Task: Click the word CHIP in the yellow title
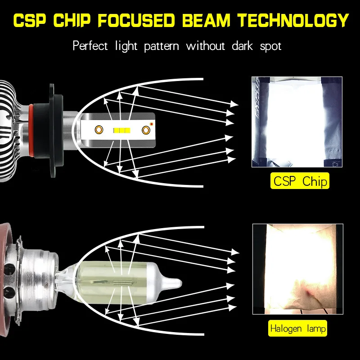click(x=72, y=20)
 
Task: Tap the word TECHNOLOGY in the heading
click(x=293, y=20)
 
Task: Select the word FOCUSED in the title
click(x=136, y=20)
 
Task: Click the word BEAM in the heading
click(x=206, y=20)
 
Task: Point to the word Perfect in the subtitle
click(x=90, y=45)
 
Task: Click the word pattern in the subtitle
click(x=162, y=46)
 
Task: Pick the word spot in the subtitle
click(x=270, y=47)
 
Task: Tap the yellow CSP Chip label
click(x=300, y=181)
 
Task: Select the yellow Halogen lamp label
click(x=297, y=328)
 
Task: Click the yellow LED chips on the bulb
click(x=122, y=130)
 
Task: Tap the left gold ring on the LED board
click(x=99, y=130)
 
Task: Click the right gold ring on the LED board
click(x=146, y=130)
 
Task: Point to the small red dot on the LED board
click(x=152, y=124)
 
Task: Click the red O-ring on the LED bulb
click(x=31, y=131)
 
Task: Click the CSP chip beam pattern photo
click(x=297, y=122)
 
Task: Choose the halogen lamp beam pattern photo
click(x=298, y=269)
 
